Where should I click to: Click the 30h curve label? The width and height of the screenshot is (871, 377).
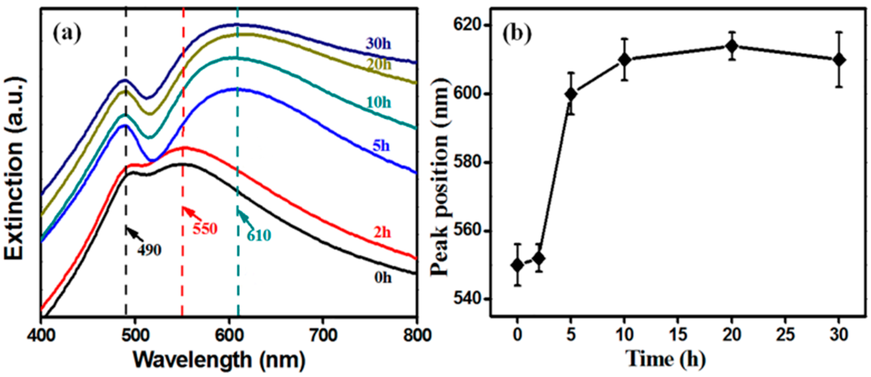click(379, 44)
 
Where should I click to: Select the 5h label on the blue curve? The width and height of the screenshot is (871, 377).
click(381, 146)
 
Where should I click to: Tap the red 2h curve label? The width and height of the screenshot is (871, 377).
click(382, 232)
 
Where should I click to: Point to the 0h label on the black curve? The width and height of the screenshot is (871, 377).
click(383, 278)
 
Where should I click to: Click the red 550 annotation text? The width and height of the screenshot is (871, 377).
click(205, 229)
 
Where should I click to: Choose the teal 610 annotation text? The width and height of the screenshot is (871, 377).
click(259, 236)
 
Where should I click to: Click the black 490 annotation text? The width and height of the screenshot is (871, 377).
click(149, 250)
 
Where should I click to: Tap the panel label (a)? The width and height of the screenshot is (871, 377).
click(67, 34)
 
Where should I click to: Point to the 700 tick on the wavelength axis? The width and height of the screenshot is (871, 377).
click(323, 335)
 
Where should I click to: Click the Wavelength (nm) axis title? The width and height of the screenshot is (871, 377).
click(219, 360)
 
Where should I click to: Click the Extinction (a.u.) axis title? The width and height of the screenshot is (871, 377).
click(15, 168)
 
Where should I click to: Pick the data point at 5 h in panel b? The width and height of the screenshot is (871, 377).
click(571, 94)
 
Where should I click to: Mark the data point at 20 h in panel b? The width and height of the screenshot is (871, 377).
click(732, 46)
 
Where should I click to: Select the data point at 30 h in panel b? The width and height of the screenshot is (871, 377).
click(839, 60)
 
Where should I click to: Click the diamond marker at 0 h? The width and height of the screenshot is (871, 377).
click(517, 265)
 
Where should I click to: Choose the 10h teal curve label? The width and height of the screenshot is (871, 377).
click(379, 102)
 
